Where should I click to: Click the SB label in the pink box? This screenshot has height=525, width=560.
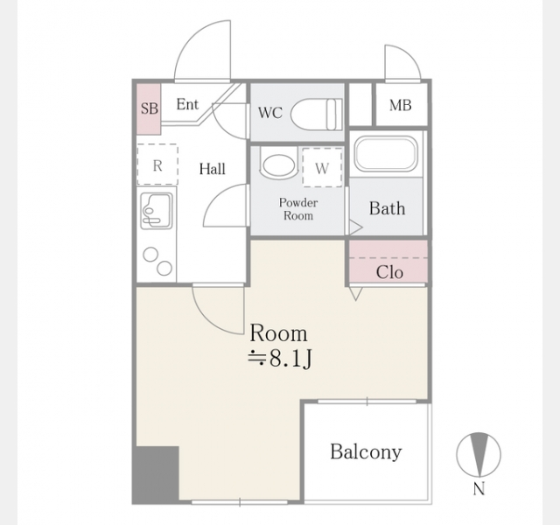pos(150,108)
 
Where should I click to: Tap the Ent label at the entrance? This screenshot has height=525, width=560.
pos(187,104)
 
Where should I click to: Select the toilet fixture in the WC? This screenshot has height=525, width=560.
pos(317,114)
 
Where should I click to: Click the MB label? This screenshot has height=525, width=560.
pos(401,105)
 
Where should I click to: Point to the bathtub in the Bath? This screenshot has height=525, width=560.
pos(386,154)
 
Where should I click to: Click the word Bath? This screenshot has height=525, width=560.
pos(387,208)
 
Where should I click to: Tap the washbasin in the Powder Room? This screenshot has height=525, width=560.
pos(279,164)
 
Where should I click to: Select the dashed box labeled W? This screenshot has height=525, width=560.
pos(322,167)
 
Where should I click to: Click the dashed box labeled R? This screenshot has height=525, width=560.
pos(157,164)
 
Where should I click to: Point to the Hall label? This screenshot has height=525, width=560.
pos(212,169)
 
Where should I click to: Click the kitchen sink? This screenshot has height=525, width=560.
pos(157,211)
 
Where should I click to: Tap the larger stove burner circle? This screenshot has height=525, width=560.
pos(164,268)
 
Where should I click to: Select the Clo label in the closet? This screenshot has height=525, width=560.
pos(389,272)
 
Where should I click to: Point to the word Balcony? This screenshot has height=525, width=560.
pos(366,452)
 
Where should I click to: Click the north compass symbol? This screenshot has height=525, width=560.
pos(479,455)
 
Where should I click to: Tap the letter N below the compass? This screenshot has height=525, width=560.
pos(479,488)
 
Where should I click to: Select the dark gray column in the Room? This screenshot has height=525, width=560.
pos(156,474)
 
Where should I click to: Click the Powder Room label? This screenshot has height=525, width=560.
pos(298,209)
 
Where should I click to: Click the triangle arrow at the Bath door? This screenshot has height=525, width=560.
pos(356,227)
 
